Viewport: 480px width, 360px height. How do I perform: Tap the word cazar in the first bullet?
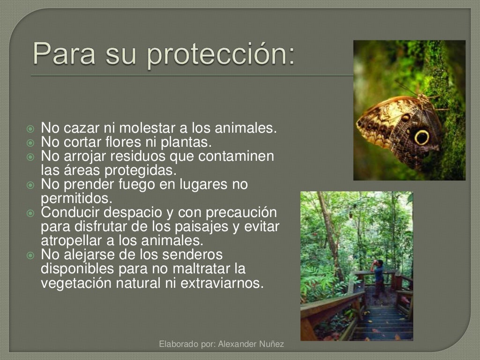click(x=75, y=127)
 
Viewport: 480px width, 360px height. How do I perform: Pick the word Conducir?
click(x=70, y=212)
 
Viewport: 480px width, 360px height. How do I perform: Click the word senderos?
click(x=192, y=255)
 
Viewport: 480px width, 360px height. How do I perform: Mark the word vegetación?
click(x=71, y=284)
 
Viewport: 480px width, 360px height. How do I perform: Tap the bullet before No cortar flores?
click(x=31, y=142)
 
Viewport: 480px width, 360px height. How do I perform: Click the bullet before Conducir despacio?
click(x=31, y=213)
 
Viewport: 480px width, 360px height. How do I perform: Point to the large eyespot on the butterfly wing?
click(x=421, y=137)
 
